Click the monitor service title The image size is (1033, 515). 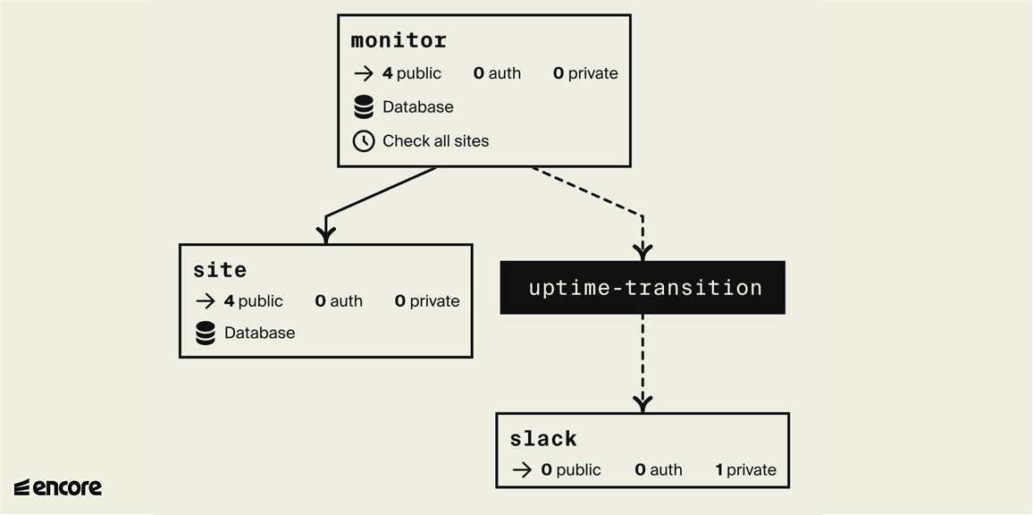tap(399, 40)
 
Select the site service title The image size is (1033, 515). tap(220, 269)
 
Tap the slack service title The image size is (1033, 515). tap(543, 438)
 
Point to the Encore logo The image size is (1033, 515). tap(58, 487)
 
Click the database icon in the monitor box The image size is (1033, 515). tap(364, 107)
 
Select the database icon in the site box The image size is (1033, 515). tap(206, 333)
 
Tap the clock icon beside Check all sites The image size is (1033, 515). tap(364, 141)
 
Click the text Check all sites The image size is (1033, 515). tap(435, 141)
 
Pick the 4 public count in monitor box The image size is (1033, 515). tap(411, 73)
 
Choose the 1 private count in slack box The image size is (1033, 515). tap(745, 470)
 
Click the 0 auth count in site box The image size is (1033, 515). tap(339, 301)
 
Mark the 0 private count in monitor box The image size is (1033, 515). tap(584, 73)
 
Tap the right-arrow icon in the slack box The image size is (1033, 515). tap(522, 470)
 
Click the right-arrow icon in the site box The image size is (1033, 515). tap(205, 301)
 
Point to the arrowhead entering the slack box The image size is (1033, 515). tap(642, 404)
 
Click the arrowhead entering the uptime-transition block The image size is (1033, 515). tap(642, 252)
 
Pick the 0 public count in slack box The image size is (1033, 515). tap(570, 470)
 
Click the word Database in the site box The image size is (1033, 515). tap(259, 333)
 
